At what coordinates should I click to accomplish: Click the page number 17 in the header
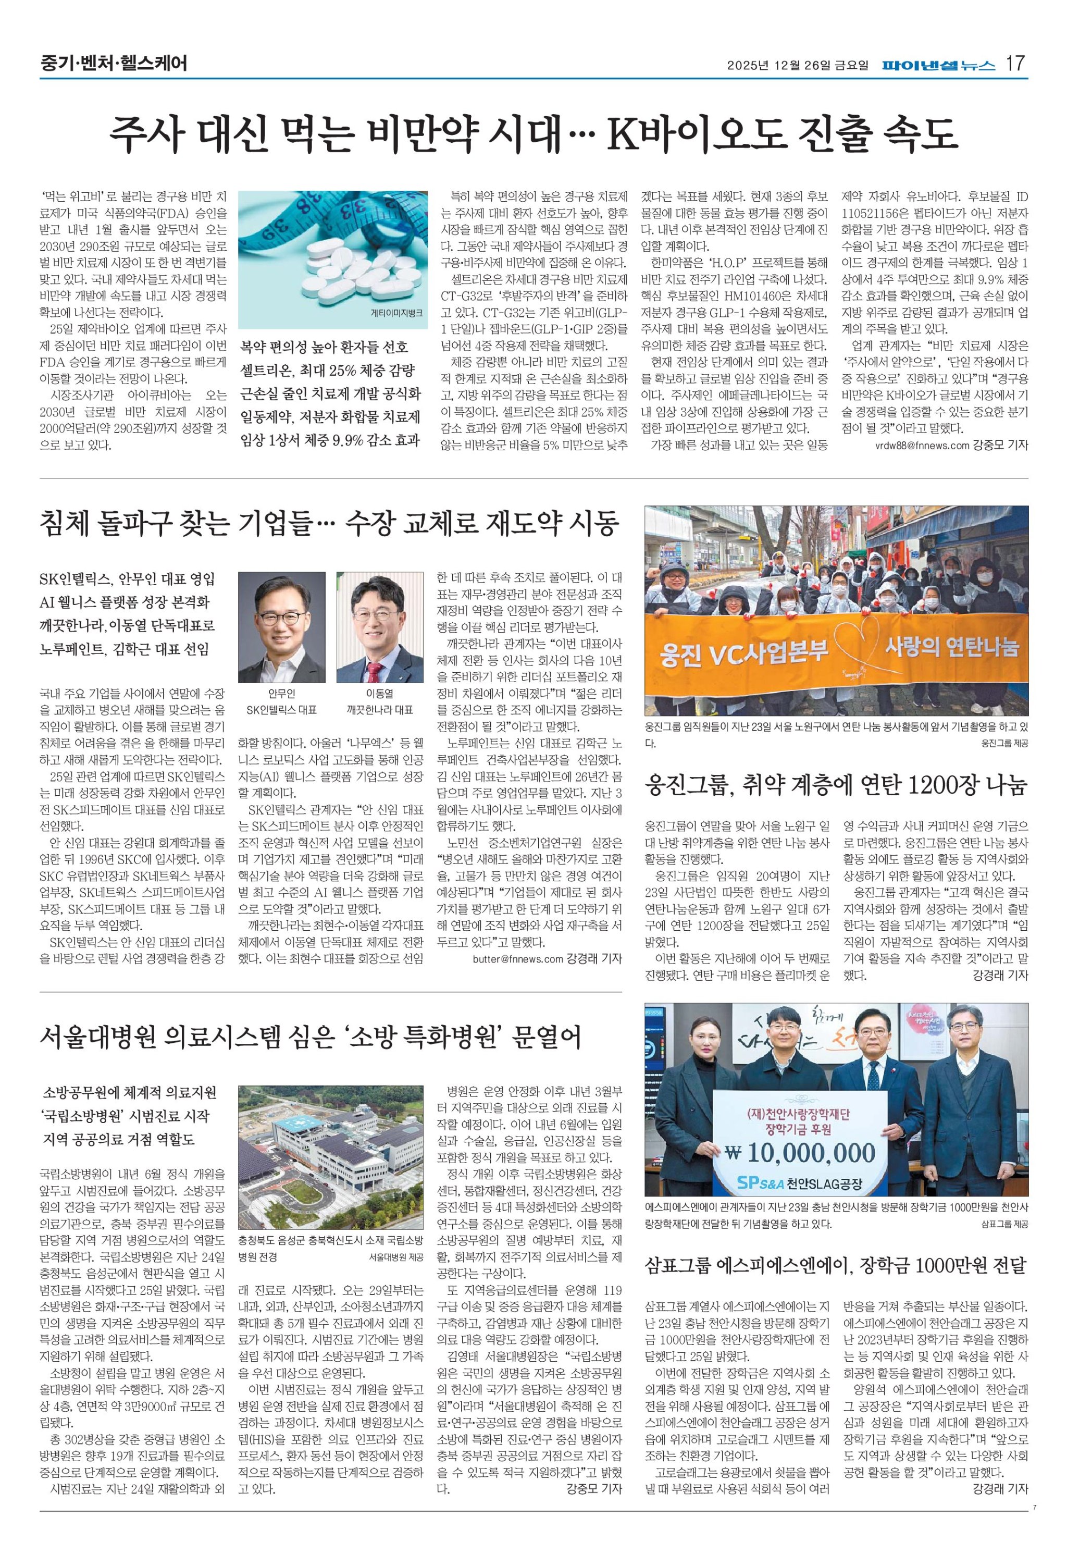[1015, 64]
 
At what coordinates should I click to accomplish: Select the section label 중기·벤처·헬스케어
[113, 64]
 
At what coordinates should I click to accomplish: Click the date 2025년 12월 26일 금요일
[798, 66]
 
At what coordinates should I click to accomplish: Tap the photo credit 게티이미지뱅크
[396, 312]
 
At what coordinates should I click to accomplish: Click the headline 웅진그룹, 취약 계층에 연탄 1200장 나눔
[836, 785]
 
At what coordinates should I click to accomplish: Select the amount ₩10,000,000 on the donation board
[800, 1153]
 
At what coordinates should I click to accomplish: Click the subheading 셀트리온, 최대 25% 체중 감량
[328, 370]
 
